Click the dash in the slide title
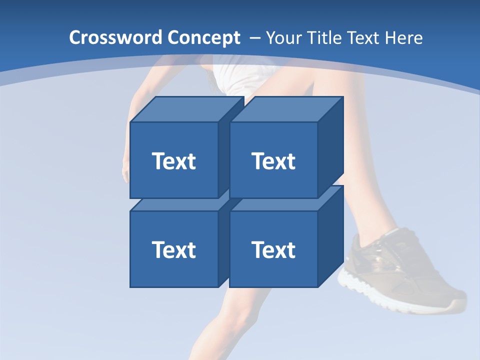point(254,38)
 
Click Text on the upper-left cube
point(174,161)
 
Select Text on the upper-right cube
point(273,161)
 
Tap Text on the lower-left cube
point(174,249)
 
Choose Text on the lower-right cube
point(273,249)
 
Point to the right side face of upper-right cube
point(330,147)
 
